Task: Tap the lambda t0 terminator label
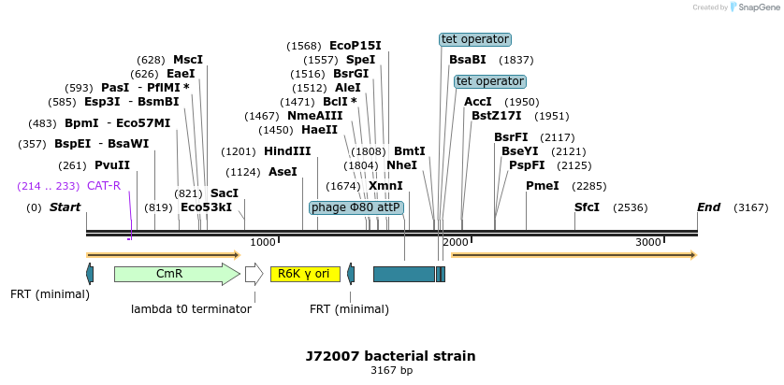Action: (191, 308)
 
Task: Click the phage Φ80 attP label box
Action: (356, 207)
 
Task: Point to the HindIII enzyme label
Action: (287, 151)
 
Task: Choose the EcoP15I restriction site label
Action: (356, 45)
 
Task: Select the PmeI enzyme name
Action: (543, 186)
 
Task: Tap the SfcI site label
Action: (587, 207)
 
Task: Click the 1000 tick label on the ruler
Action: (263, 243)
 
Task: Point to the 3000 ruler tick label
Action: (648, 243)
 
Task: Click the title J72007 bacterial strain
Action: (390, 356)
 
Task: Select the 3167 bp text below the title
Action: (391, 371)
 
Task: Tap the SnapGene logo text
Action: (757, 7)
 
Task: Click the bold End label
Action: (708, 207)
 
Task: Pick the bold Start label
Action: (65, 207)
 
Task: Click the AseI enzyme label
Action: (283, 172)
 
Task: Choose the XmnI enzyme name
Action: (385, 186)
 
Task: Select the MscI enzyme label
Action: (187, 60)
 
